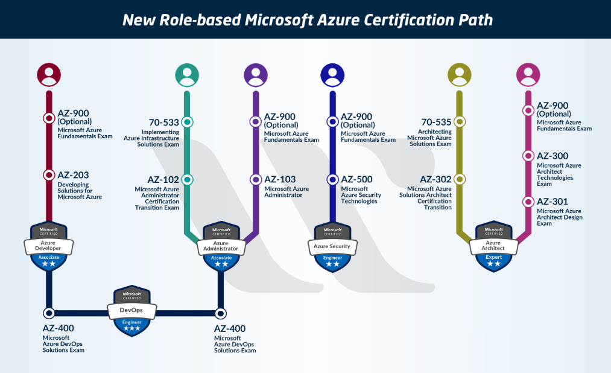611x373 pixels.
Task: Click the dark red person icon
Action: [x=49, y=74]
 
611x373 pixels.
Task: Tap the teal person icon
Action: [x=187, y=74]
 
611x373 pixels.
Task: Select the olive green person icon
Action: [x=460, y=74]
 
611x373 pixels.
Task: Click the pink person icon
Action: [x=528, y=74]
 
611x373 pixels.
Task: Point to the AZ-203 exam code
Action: [x=73, y=175]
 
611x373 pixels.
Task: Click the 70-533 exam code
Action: [x=164, y=122]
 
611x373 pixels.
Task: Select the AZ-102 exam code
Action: [x=163, y=179]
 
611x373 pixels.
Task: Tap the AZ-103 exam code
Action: [x=280, y=179]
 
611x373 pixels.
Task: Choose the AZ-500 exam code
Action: [x=357, y=179]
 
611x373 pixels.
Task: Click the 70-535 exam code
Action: [x=436, y=122]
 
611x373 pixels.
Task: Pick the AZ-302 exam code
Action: [x=435, y=179]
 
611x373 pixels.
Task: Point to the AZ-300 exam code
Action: [x=552, y=156]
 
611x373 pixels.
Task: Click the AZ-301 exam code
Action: [x=552, y=202]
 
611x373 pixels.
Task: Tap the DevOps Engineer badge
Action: [x=131, y=310]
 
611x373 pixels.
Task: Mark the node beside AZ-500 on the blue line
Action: [x=332, y=179]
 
